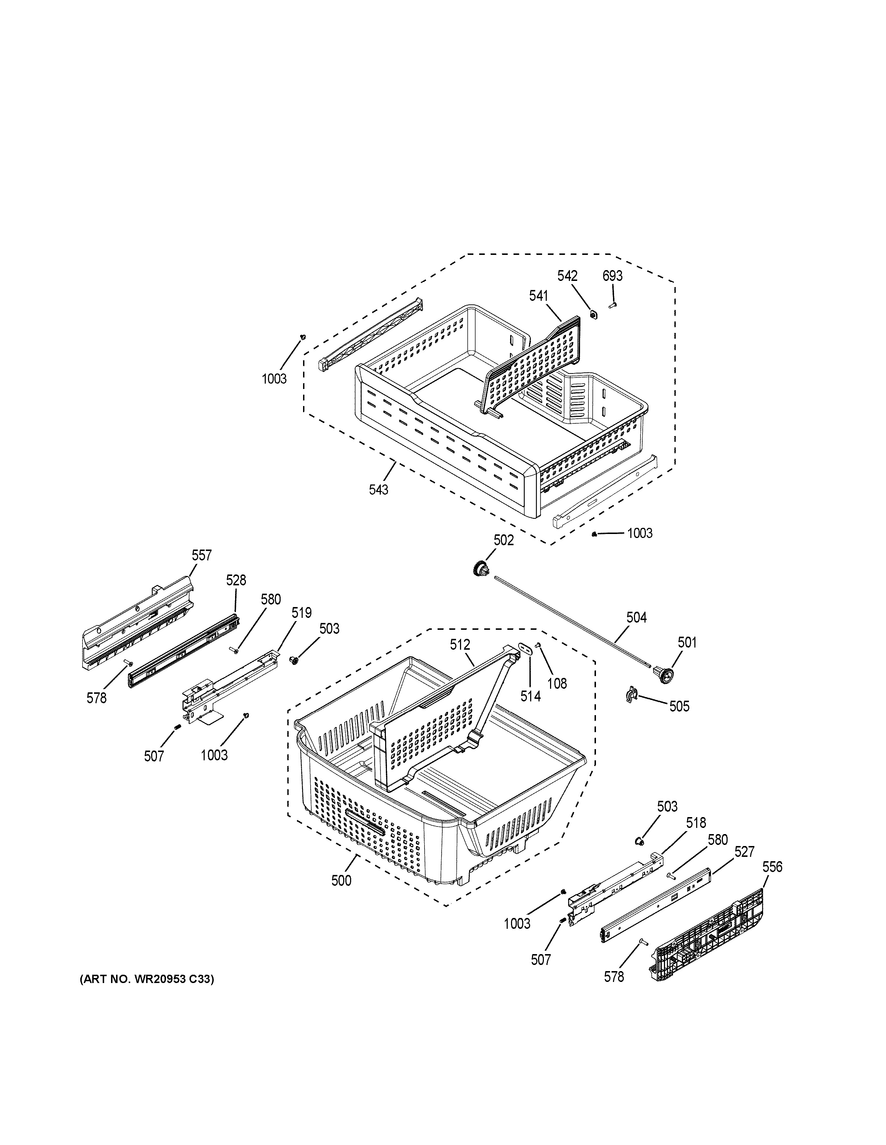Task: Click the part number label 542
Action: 567,276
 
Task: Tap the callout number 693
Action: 612,276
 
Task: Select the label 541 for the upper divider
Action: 538,296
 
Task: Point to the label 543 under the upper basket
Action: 379,490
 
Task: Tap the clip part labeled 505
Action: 631,695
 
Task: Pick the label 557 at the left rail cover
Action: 201,555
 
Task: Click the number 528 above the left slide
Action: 236,580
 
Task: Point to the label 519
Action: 302,613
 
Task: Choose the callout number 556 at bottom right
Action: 772,867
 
